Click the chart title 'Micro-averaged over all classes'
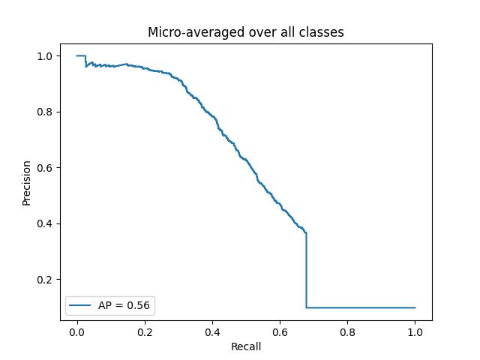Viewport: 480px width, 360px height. coord(246,32)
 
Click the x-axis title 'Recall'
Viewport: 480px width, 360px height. coord(246,346)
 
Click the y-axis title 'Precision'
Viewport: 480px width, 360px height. coord(26,182)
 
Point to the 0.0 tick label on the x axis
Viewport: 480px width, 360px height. coord(76,331)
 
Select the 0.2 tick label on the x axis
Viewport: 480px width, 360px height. coord(144,331)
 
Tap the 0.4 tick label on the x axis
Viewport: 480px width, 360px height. coord(212,331)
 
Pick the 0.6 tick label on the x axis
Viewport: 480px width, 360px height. coord(280,331)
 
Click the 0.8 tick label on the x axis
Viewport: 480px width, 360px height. coord(347,331)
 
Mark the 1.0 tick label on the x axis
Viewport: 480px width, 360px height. coord(415,331)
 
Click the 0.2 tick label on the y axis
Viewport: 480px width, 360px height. coord(44,280)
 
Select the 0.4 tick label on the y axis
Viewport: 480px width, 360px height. coord(44,223)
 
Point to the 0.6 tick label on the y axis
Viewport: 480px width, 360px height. coord(44,168)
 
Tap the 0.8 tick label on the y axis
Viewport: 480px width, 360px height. coord(44,112)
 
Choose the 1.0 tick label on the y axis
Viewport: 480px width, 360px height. coord(44,56)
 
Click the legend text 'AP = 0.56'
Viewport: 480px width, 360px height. coord(124,305)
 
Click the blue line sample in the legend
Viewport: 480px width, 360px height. coord(81,305)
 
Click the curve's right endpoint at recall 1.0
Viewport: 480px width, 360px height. coord(415,307)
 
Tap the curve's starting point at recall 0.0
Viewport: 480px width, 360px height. coord(76,55)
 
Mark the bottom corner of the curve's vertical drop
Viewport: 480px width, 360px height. coord(306,307)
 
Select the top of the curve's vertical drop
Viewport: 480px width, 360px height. coord(306,232)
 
